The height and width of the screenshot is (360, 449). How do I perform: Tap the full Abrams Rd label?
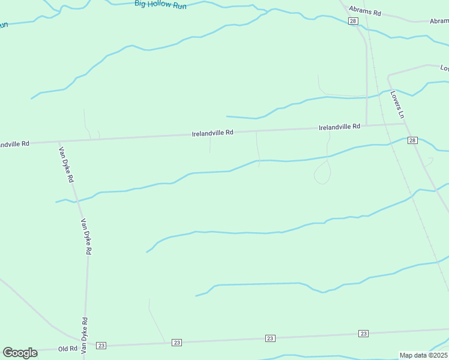tap(365, 12)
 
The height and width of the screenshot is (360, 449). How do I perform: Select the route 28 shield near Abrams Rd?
tap(353, 22)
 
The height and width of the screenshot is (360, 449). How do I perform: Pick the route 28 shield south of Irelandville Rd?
tap(412, 140)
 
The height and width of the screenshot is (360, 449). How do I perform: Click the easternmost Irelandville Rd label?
tap(339, 127)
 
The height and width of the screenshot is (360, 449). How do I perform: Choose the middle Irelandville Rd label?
tap(212, 133)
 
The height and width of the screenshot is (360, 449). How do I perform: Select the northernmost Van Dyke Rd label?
tap(66, 164)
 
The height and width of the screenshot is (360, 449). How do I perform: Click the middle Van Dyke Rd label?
tap(85, 236)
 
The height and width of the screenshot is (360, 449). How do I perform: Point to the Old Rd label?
tap(68, 349)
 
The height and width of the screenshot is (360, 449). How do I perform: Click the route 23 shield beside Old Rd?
tap(101, 346)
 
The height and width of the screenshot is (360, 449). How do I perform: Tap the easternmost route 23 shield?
tap(363, 333)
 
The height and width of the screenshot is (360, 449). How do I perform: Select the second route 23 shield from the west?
tap(176, 343)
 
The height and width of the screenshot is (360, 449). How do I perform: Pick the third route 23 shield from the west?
tap(270, 339)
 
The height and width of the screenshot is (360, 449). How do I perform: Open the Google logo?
tap(20, 353)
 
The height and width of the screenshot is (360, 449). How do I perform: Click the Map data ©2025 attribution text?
tap(423, 355)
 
